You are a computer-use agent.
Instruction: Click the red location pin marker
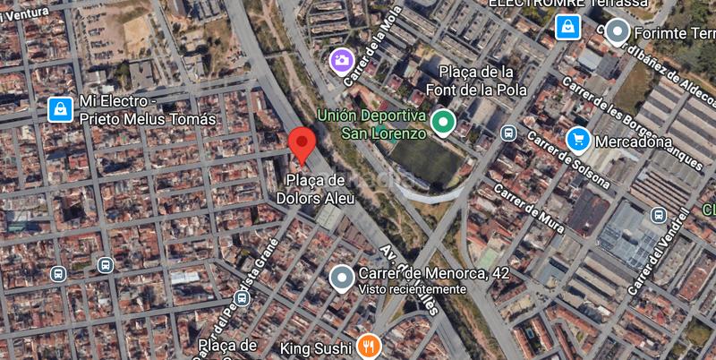pyautogui.click(x=302, y=144)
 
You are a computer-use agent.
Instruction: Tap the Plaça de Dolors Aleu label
pyautogui.click(x=320, y=189)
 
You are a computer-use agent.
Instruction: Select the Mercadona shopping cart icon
pyautogui.click(x=578, y=140)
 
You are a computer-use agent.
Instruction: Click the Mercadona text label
pyautogui.click(x=633, y=141)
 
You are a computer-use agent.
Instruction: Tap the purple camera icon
pyautogui.click(x=340, y=60)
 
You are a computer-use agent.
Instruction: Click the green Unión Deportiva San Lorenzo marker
pyautogui.click(x=441, y=122)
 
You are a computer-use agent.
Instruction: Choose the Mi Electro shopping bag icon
pyautogui.click(x=59, y=109)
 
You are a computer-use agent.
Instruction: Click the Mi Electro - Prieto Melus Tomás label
pyautogui.click(x=148, y=111)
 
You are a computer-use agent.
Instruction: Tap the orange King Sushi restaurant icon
pyautogui.click(x=368, y=346)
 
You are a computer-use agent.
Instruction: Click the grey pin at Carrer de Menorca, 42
pyautogui.click(x=341, y=278)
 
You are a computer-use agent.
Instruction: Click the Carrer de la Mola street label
pyautogui.click(x=363, y=59)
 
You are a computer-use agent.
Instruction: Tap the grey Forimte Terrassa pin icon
pyautogui.click(x=617, y=32)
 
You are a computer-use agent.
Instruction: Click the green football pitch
pyautogui.click(x=424, y=159)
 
